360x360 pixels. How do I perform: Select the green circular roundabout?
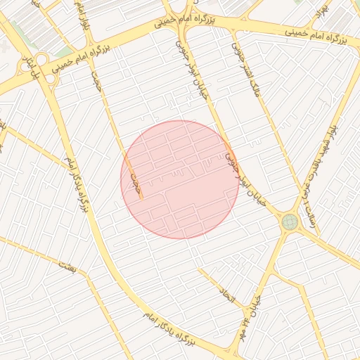(x=289, y=222)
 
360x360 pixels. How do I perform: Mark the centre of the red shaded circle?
(x=180, y=180)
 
